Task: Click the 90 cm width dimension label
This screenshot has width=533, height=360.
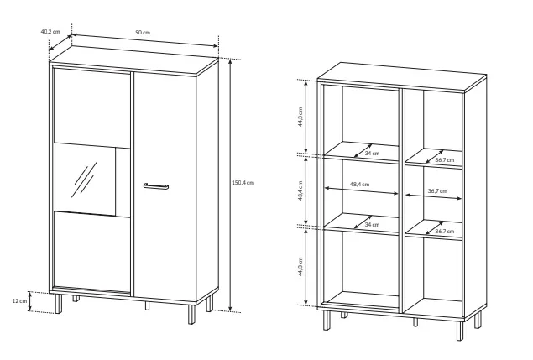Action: click(x=143, y=32)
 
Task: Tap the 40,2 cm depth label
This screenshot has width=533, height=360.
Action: click(x=50, y=32)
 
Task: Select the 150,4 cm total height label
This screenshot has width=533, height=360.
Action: click(x=243, y=183)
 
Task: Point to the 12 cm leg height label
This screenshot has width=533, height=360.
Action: click(x=19, y=301)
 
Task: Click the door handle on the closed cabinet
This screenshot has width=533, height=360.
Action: click(x=156, y=186)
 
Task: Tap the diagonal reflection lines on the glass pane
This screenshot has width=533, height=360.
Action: click(x=84, y=180)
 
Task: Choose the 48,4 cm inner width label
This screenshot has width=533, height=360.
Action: click(x=359, y=185)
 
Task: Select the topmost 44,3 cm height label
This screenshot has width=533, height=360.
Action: click(x=300, y=117)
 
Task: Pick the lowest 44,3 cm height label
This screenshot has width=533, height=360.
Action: click(x=300, y=266)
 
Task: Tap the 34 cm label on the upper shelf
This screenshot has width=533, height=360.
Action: click(x=372, y=154)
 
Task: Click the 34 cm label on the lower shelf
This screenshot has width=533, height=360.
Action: click(x=372, y=225)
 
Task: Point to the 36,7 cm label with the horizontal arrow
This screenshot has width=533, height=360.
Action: click(x=437, y=191)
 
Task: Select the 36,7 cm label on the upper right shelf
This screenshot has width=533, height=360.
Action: click(x=445, y=159)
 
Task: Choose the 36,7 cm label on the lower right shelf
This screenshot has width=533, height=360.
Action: click(x=445, y=232)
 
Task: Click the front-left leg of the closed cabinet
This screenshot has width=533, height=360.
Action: click(x=59, y=304)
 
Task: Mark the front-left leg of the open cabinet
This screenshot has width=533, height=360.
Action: click(x=327, y=320)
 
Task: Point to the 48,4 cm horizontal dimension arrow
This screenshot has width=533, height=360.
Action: click(x=361, y=190)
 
